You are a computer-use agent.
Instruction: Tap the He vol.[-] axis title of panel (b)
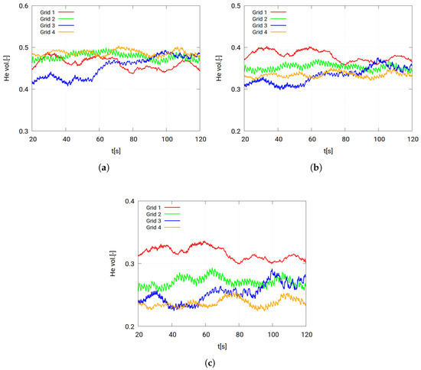[220, 69]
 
